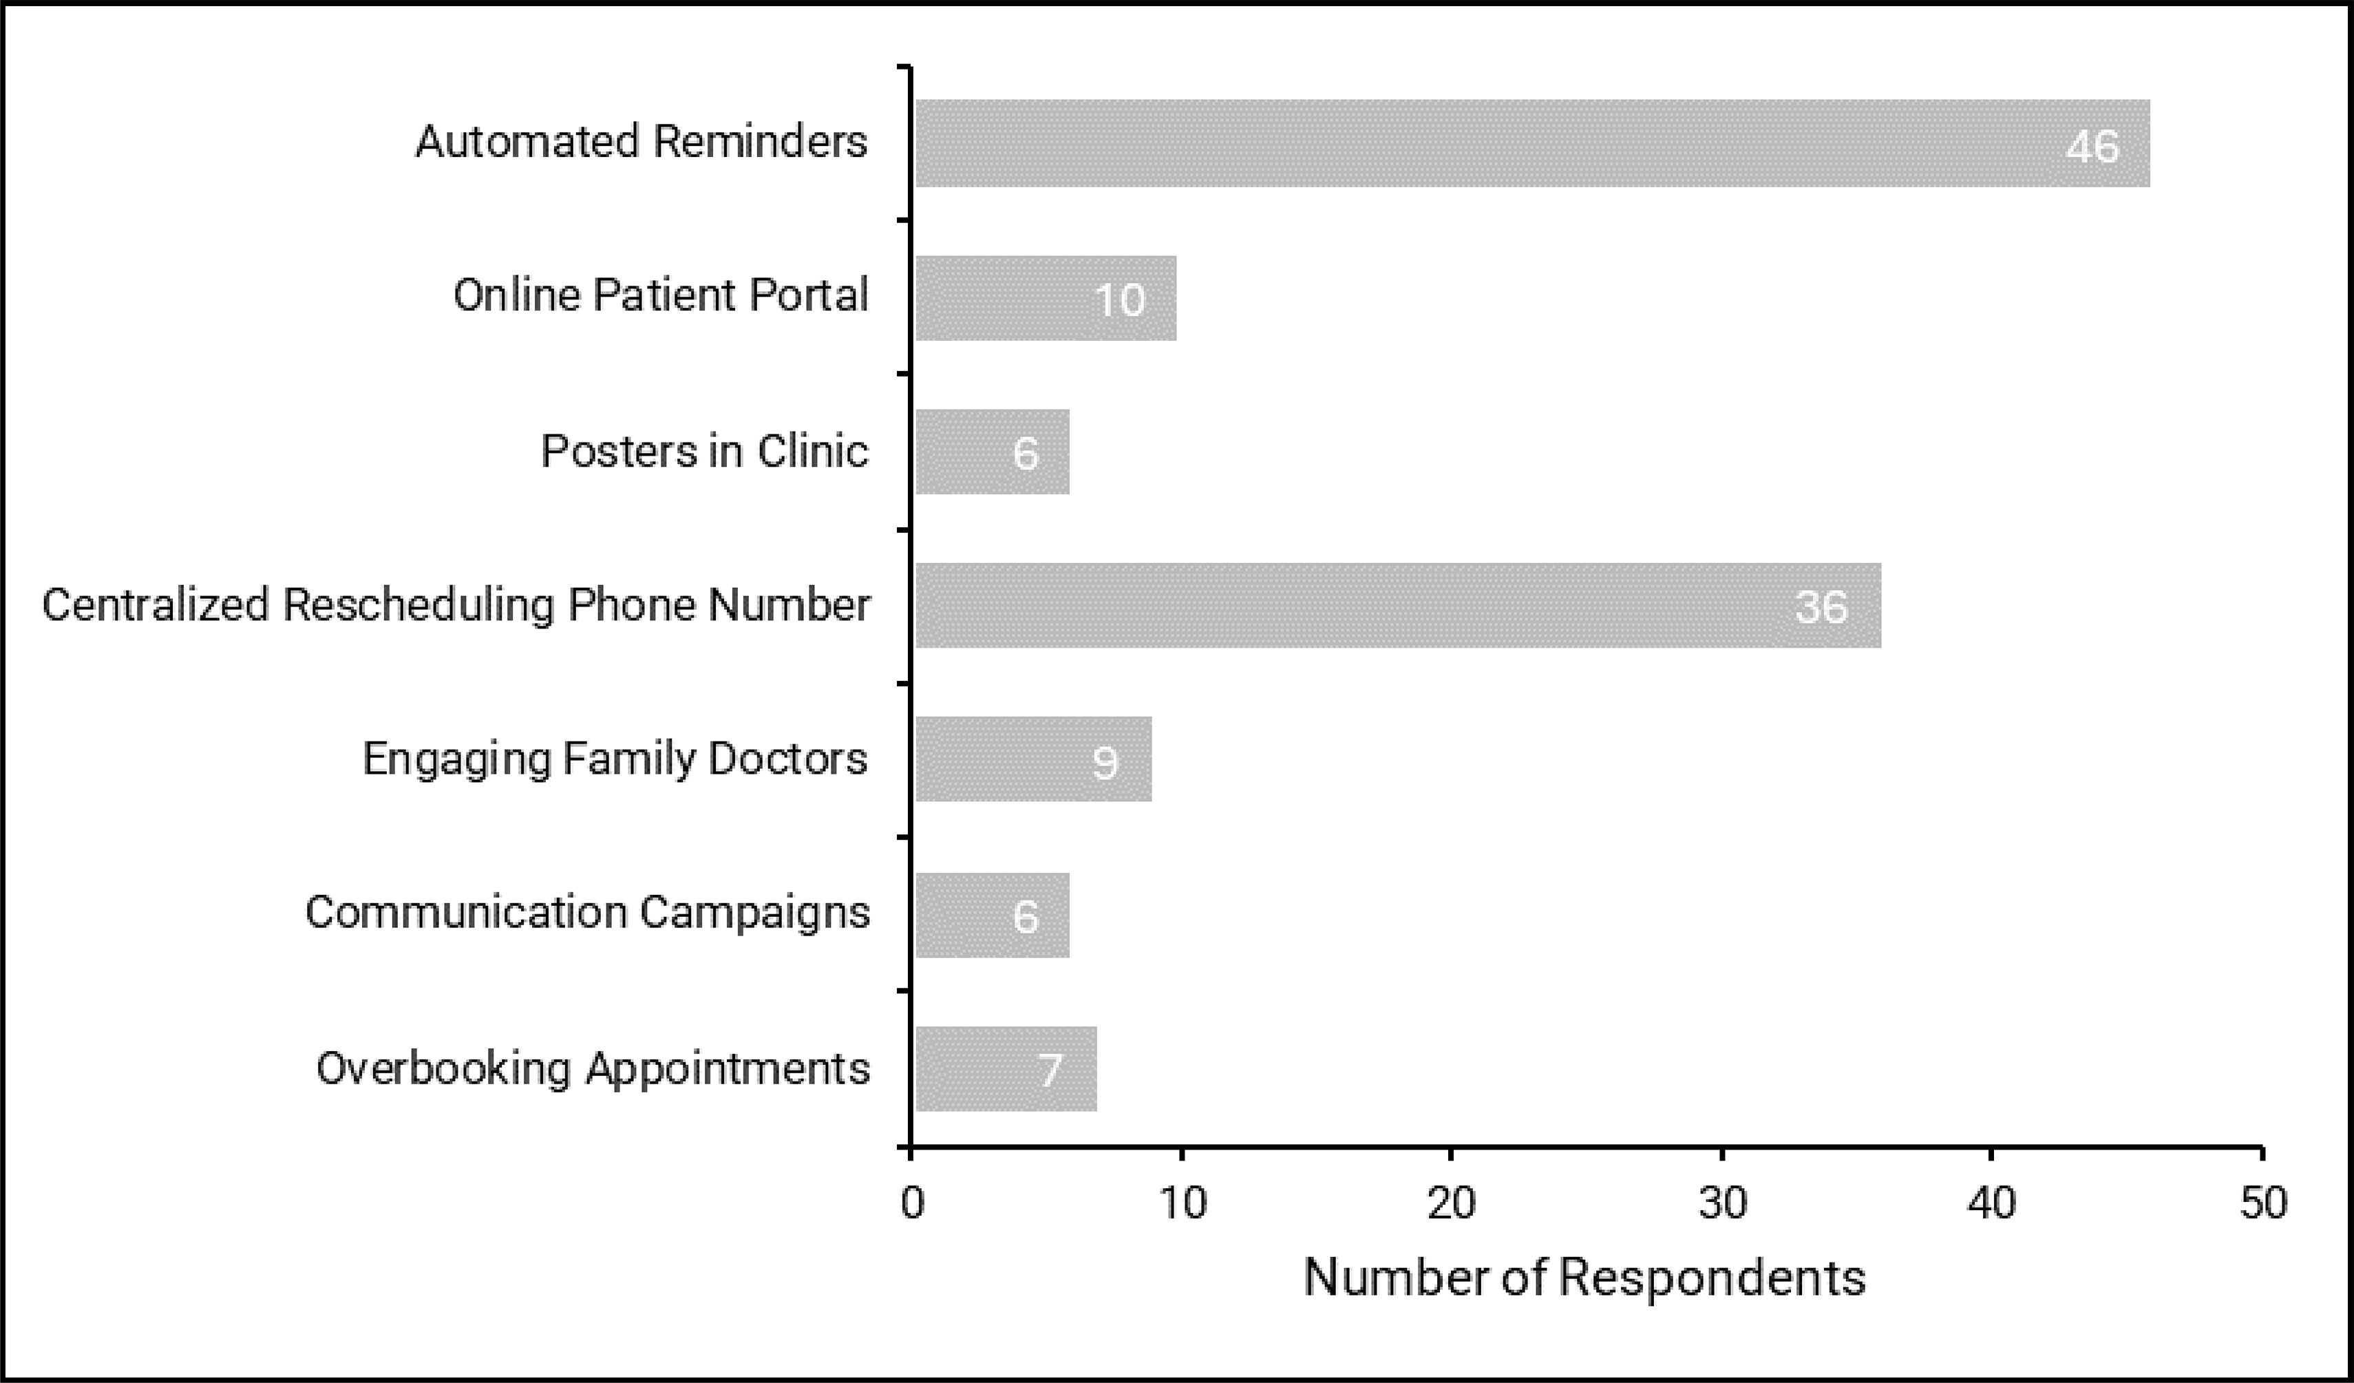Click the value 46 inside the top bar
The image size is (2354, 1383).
(2092, 147)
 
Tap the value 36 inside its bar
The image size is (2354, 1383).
(1821, 607)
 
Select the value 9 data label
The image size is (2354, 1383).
(1105, 763)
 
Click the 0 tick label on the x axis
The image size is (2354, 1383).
(913, 1203)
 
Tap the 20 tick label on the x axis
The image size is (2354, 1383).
(1452, 1203)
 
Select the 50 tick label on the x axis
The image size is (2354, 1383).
(2263, 1203)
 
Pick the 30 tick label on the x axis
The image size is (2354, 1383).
(1723, 1203)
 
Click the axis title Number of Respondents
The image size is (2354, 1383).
(1584, 1278)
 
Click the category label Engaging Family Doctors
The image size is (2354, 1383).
(615, 759)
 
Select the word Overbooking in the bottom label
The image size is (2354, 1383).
(443, 1068)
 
